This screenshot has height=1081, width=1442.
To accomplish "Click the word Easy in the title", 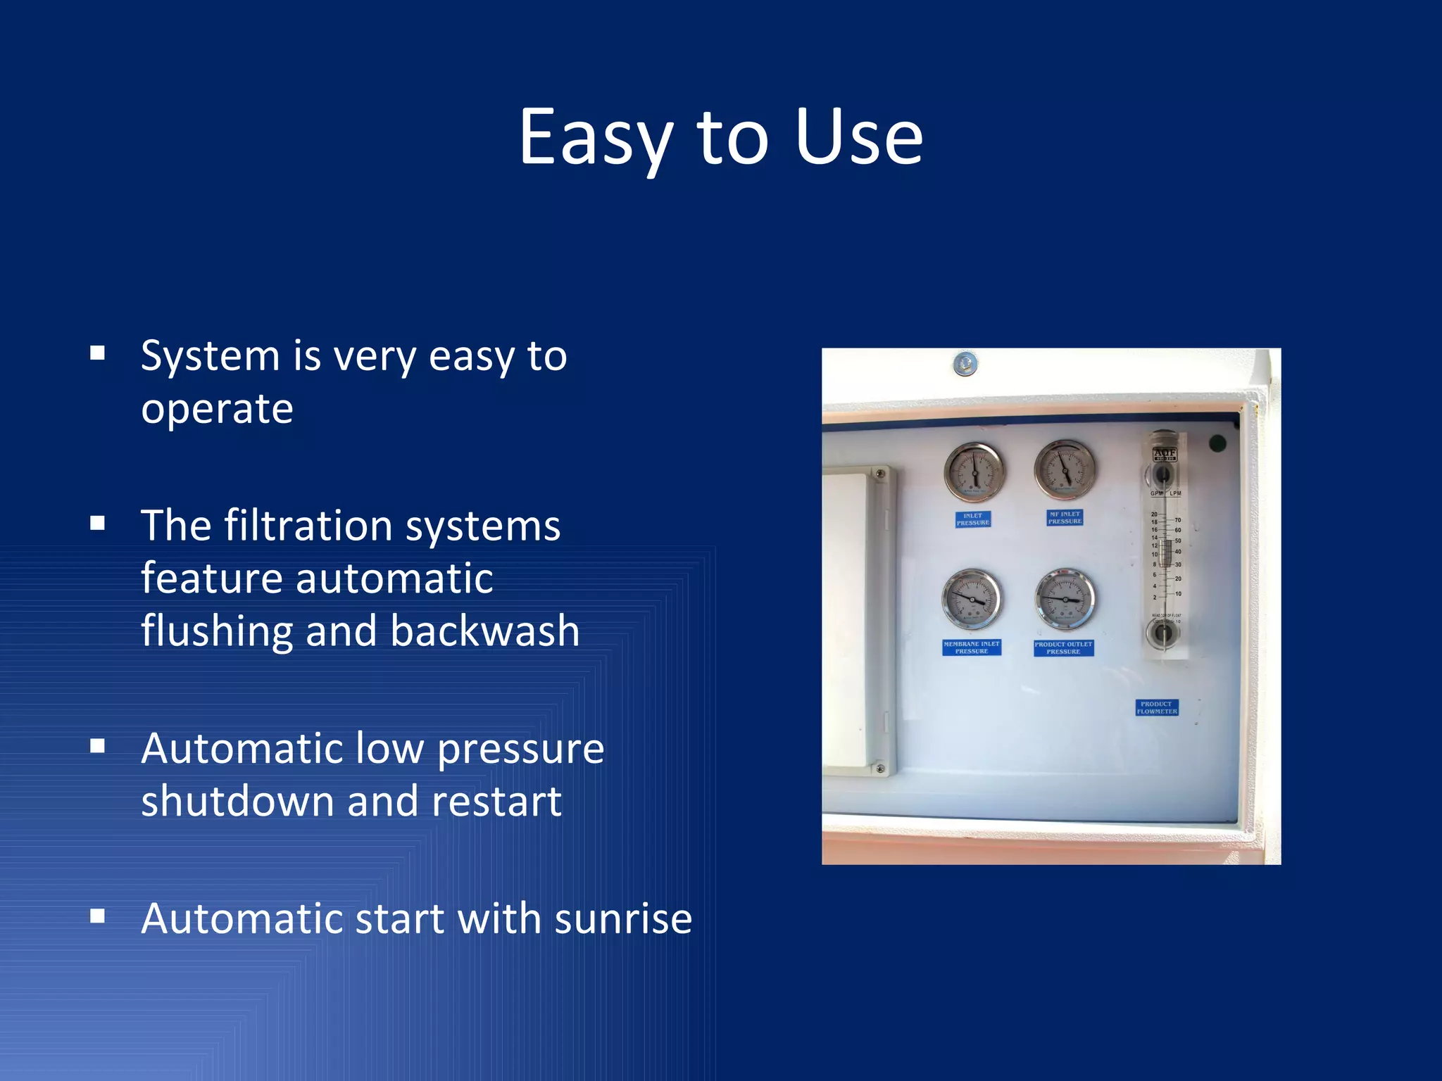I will [596, 138].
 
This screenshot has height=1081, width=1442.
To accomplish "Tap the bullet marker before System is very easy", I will [98, 353].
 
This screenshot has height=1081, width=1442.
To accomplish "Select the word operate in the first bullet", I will [217, 410].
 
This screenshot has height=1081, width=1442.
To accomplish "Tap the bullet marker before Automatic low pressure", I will [98, 746].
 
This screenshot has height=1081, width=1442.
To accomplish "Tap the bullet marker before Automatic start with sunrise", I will [98, 916].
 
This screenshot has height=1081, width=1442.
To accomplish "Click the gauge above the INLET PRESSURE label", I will [974, 472].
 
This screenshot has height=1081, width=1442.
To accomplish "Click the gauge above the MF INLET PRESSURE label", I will [1065, 469].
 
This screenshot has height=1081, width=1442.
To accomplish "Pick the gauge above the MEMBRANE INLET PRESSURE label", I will [972, 600].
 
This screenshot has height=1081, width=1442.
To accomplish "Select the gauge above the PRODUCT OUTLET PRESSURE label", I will [1065, 600].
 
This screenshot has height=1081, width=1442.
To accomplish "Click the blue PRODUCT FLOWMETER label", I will [1157, 707].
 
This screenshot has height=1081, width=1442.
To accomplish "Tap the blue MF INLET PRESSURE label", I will [1065, 518].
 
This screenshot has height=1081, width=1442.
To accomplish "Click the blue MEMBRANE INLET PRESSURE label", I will [972, 647].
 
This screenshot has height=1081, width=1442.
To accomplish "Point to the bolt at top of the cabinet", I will [965, 365].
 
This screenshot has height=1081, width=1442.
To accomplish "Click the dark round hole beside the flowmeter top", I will [1217, 443].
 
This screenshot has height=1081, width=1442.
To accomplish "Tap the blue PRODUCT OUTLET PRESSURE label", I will [1063, 648].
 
